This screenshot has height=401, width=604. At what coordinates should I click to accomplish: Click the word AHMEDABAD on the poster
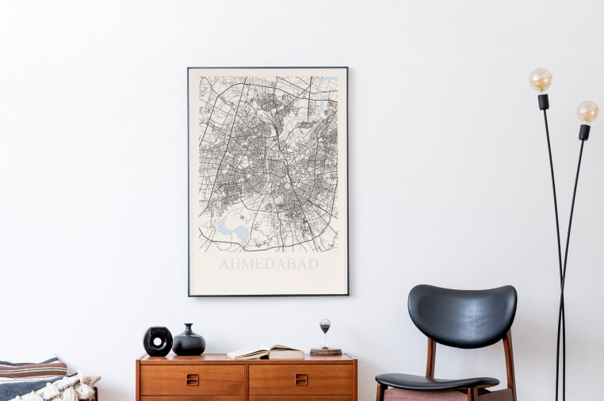[x=269, y=263]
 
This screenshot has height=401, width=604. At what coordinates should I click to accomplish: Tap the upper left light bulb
[x=541, y=79]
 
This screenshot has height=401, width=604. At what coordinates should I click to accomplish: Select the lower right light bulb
[x=587, y=112]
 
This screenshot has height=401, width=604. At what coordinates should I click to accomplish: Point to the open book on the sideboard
[x=266, y=351]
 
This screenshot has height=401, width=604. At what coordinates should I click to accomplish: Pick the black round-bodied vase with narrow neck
[x=189, y=342]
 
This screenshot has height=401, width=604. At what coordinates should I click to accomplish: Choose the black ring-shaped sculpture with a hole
[x=158, y=342]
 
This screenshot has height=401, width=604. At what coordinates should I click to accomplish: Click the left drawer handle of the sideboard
[x=192, y=379]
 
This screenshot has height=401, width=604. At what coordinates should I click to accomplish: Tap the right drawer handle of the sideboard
[x=301, y=379]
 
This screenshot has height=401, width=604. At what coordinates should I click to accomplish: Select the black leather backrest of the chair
[x=462, y=315]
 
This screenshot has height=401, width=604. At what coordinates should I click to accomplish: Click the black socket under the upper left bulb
[x=543, y=101]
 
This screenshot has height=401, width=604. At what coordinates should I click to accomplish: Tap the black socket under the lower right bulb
[x=584, y=132]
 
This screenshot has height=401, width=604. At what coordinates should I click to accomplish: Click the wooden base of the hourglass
[x=325, y=351]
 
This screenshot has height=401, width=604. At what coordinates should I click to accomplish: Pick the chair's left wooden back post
[x=430, y=358]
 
